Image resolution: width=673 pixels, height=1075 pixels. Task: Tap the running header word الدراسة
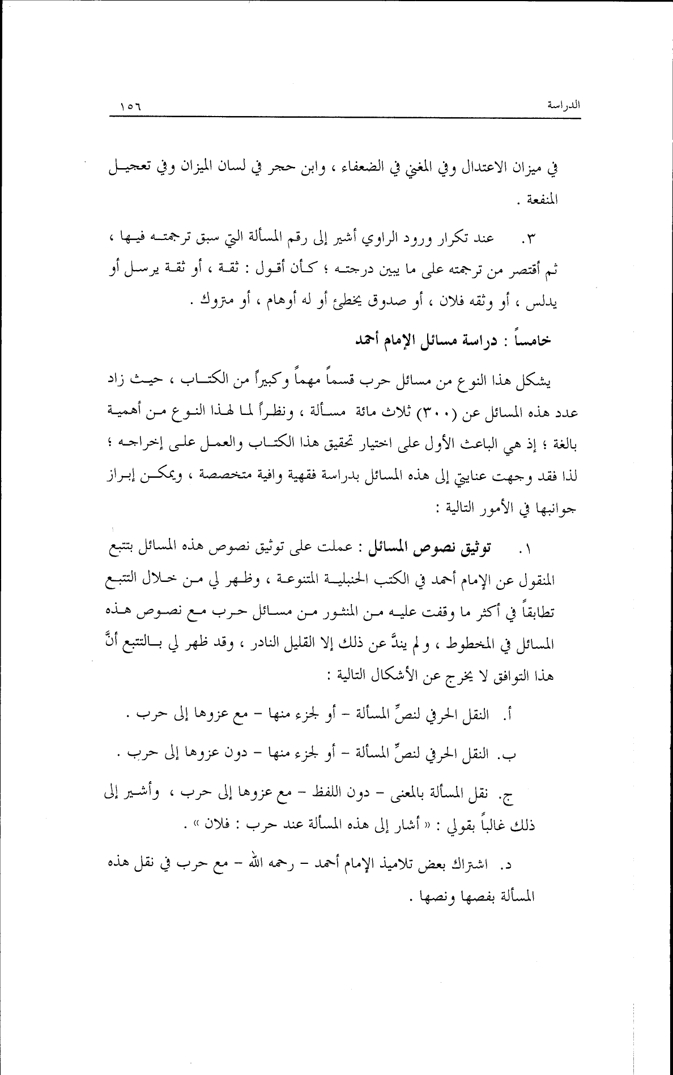click(x=564, y=105)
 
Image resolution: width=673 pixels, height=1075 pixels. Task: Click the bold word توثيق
click(x=471, y=548)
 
